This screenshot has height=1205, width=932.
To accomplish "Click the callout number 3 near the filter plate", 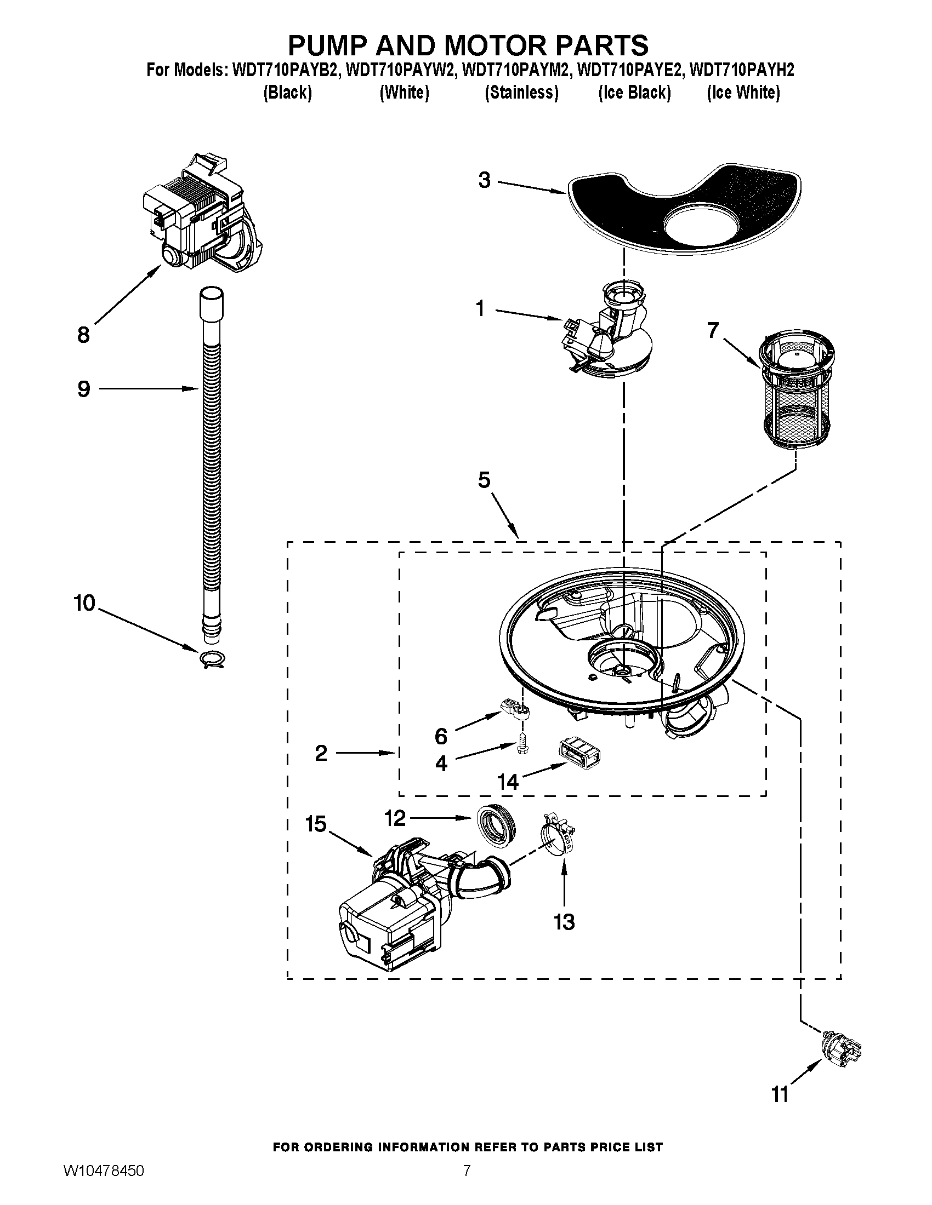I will pyautogui.click(x=484, y=180).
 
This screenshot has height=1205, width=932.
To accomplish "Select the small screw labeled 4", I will pyautogui.click(x=521, y=745).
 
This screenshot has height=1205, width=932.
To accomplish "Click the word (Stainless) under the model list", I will pyautogui.click(x=521, y=93).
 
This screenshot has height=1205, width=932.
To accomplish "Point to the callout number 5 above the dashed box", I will pyautogui.click(x=484, y=480).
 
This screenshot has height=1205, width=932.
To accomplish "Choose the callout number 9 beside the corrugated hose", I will pyautogui.click(x=83, y=389).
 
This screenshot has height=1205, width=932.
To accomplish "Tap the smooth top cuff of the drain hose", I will pyautogui.click(x=212, y=301).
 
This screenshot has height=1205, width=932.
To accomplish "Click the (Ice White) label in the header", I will pyautogui.click(x=743, y=93).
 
